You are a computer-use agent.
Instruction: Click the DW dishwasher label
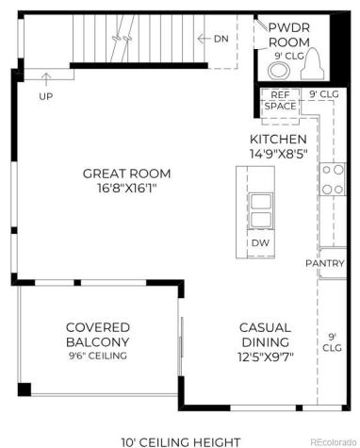pyautogui.click(x=261, y=243)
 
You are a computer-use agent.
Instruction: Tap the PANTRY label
pyautogui.click(x=324, y=263)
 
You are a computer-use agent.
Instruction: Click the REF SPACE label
pyautogui.click(x=280, y=101)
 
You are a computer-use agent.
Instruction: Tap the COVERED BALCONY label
pyautogui.click(x=98, y=334)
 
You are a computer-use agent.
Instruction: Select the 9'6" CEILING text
pyautogui.click(x=98, y=356)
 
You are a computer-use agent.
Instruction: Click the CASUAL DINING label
pyautogui.click(x=265, y=334)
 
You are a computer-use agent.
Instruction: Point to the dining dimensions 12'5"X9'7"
pyautogui.click(x=265, y=357)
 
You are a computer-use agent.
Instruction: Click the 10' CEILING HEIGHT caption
pyautogui.click(x=181, y=440)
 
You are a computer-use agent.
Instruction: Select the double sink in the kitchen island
pyautogui.click(x=260, y=211)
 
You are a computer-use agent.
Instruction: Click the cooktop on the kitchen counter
pyautogui.click(x=332, y=178)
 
